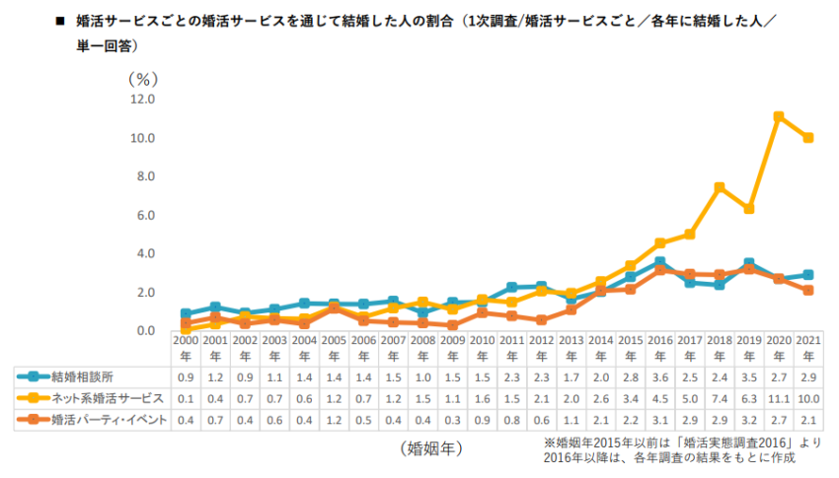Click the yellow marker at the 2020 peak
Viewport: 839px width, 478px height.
coord(779,116)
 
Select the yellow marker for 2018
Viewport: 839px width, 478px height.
coord(720,187)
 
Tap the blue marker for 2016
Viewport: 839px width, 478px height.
coord(660,262)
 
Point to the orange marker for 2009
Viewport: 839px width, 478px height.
coord(453,324)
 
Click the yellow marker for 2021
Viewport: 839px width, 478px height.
coord(808,138)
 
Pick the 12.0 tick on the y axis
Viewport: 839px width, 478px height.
coord(142,100)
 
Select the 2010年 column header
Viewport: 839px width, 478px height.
coord(482,348)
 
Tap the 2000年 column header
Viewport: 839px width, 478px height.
coord(186,348)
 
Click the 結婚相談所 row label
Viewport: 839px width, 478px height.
coord(82,377)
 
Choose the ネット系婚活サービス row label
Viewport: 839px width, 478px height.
coord(108,398)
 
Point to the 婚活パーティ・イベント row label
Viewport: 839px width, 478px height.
coord(110,420)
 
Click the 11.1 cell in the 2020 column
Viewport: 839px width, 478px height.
coord(779,399)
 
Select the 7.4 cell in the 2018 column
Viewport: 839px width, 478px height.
coord(720,399)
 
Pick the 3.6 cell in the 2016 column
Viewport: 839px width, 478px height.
coord(660,377)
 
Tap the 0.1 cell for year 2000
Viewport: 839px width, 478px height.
coord(186,399)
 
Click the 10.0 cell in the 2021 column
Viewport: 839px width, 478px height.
coord(808,399)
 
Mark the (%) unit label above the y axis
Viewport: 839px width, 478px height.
coord(143,80)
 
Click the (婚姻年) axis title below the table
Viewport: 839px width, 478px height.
coord(431,448)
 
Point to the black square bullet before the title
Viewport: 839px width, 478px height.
coord(60,22)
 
